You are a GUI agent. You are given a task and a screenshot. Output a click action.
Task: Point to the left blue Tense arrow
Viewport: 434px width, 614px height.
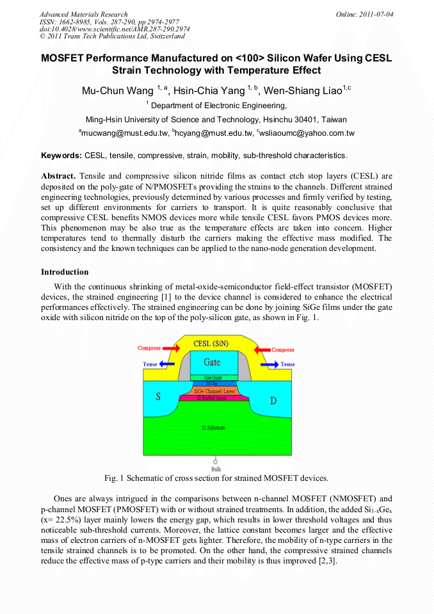(168, 364)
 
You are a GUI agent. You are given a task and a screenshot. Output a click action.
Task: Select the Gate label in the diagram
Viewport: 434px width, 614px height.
(212, 362)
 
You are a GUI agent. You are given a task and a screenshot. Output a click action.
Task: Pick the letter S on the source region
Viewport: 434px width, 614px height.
(158, 396)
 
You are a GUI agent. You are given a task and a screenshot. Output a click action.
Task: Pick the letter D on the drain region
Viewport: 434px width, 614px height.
(273, 401)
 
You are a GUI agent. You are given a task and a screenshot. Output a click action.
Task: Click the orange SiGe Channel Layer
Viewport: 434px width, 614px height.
(214, 391)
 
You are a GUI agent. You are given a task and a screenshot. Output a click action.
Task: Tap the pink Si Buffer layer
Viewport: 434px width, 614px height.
(214, 398)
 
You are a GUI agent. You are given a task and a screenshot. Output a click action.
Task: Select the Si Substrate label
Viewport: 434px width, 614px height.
(214, 427)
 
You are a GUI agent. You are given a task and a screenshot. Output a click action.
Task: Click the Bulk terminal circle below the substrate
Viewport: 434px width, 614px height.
(214, 461)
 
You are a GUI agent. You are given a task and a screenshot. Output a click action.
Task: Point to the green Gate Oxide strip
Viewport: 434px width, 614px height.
(213, 378)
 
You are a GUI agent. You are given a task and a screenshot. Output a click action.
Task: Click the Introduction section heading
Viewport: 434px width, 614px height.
(65, 272)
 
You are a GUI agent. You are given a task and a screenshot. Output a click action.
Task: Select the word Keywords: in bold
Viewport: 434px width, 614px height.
(61, 156)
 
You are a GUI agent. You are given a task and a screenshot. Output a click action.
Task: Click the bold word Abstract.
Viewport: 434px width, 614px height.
(58, 175)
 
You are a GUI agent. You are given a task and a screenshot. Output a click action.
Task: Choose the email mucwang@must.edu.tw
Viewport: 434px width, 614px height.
(125, 133)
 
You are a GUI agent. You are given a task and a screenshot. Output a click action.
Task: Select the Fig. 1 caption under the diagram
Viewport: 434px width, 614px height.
(216, 478)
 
